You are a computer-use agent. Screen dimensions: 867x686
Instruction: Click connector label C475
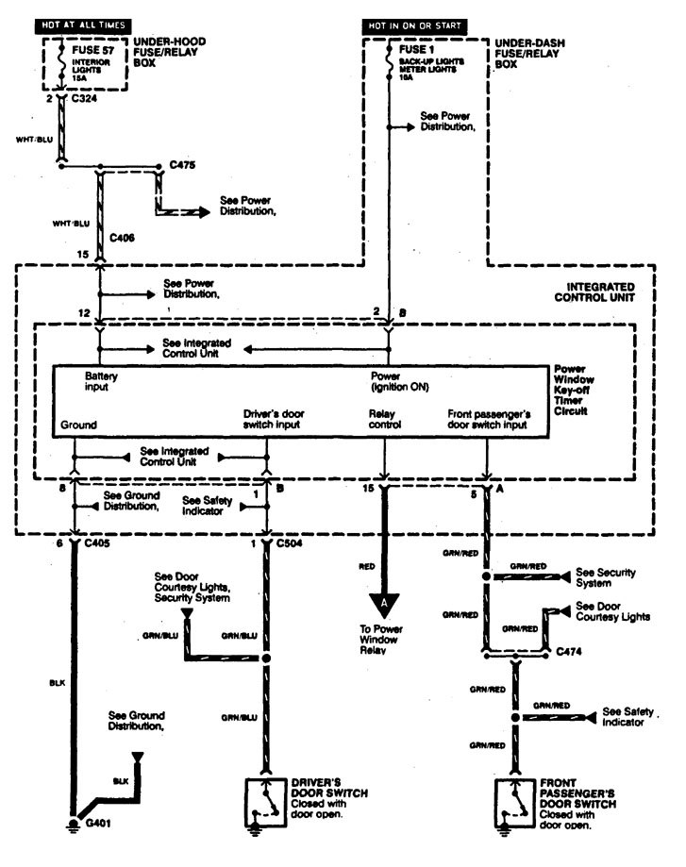pos(182,164)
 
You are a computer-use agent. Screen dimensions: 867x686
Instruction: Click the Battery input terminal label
pos(101,381)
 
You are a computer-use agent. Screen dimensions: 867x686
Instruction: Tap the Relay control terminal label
pos(384,419)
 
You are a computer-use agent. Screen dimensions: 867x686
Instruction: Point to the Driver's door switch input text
pos(275,419)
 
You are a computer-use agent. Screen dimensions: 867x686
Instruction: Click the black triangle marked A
pos(384,601)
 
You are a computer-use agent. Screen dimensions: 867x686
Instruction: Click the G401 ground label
pos(98,823)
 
